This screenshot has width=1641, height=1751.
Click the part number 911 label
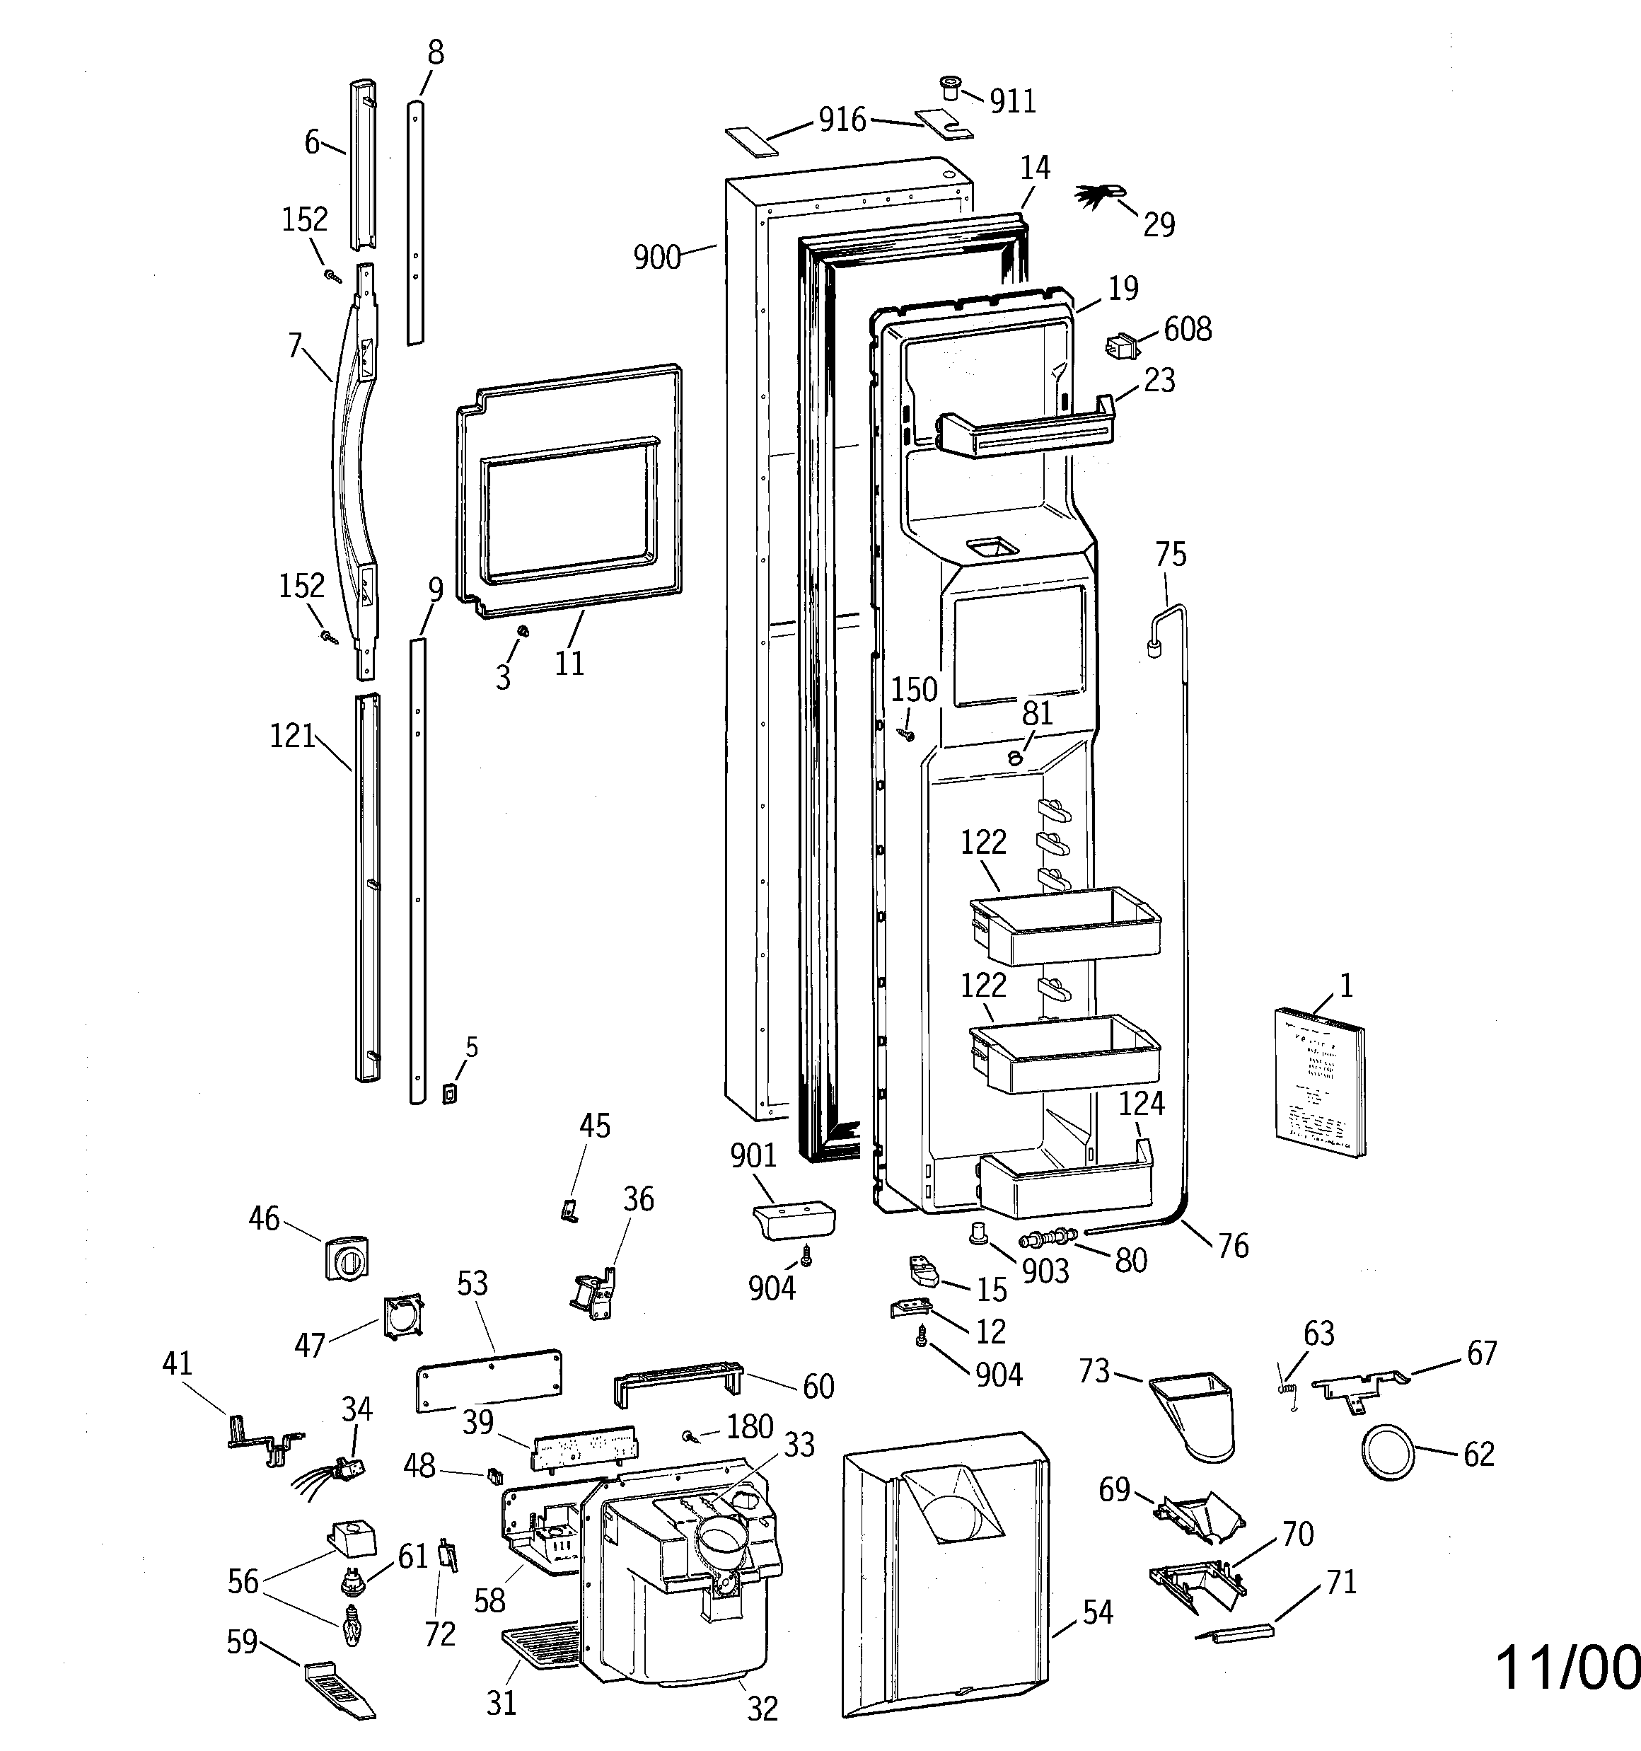click(x=1012, y=101)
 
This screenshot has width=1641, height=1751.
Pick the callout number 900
click(x=657, y=258)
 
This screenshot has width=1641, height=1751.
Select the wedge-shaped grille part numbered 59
click(x=338, y=1687)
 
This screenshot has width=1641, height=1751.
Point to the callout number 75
click(x=1171, y=555)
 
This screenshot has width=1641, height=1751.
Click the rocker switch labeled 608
click(x=1120, y=346)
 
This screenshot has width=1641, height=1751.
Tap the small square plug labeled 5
click(x=449, y=1094)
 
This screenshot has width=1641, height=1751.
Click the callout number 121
click(x=292, y=736)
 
